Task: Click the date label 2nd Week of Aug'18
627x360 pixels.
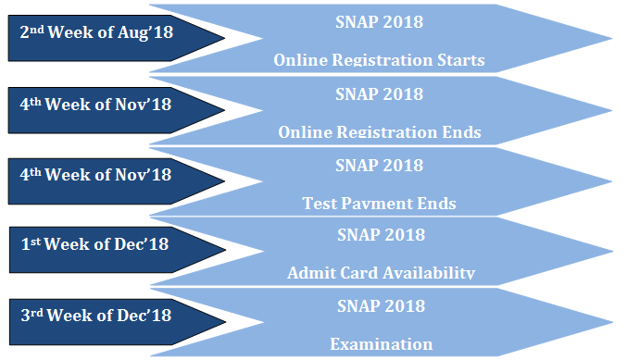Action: pos(96,32)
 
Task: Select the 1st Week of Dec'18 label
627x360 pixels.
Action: pos(94,244)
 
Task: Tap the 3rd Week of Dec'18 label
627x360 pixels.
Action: pos(96,316)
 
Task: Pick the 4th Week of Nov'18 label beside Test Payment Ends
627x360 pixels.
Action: pos(95,175)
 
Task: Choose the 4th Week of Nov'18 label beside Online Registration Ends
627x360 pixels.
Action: pos(95,105)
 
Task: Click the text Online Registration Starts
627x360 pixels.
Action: pos(379,60)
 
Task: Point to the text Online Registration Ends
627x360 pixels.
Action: pos(380,131)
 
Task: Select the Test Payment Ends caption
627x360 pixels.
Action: pos(379,203)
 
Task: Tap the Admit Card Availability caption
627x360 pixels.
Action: pos(381,272)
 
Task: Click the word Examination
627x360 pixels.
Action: pos(381,344)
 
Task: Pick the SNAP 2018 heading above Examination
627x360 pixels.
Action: pos(381,306)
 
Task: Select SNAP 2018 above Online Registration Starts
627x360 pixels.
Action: pos(379,22)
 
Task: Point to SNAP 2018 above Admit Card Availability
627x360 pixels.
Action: pos(381,235)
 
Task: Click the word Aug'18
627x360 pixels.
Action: pos(145,32)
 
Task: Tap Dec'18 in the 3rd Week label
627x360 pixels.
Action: pos(144,316)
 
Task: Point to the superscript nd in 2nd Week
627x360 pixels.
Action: pos(37,30)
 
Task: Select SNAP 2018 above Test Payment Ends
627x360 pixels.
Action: pos(379,166)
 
